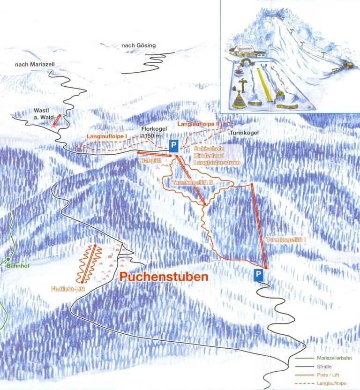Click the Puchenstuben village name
pos(164,277)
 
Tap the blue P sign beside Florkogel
pos(173,145)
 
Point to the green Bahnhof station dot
pos(8,259)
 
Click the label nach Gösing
pos(138,45)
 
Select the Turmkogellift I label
pos(286,240)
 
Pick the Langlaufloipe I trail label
pos(108,135)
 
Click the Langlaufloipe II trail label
pos(198,124)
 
